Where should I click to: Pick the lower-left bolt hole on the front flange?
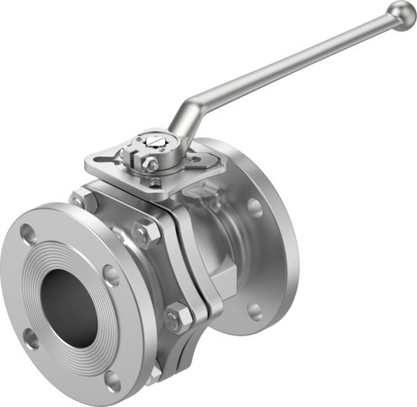pos(31,339)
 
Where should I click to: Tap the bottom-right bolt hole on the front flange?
pos(112,380)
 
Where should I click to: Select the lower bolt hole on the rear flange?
pos(255,311)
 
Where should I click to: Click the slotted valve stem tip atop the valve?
pos(153,142)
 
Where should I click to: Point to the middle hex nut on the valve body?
pos(144,232)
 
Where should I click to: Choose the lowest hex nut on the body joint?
pos(178,317)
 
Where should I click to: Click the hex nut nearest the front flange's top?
pos(82,200)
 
